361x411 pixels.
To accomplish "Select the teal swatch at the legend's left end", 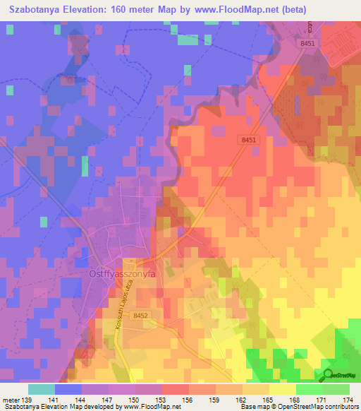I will (42, 389).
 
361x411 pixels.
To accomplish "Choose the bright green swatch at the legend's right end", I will (336, 389).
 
